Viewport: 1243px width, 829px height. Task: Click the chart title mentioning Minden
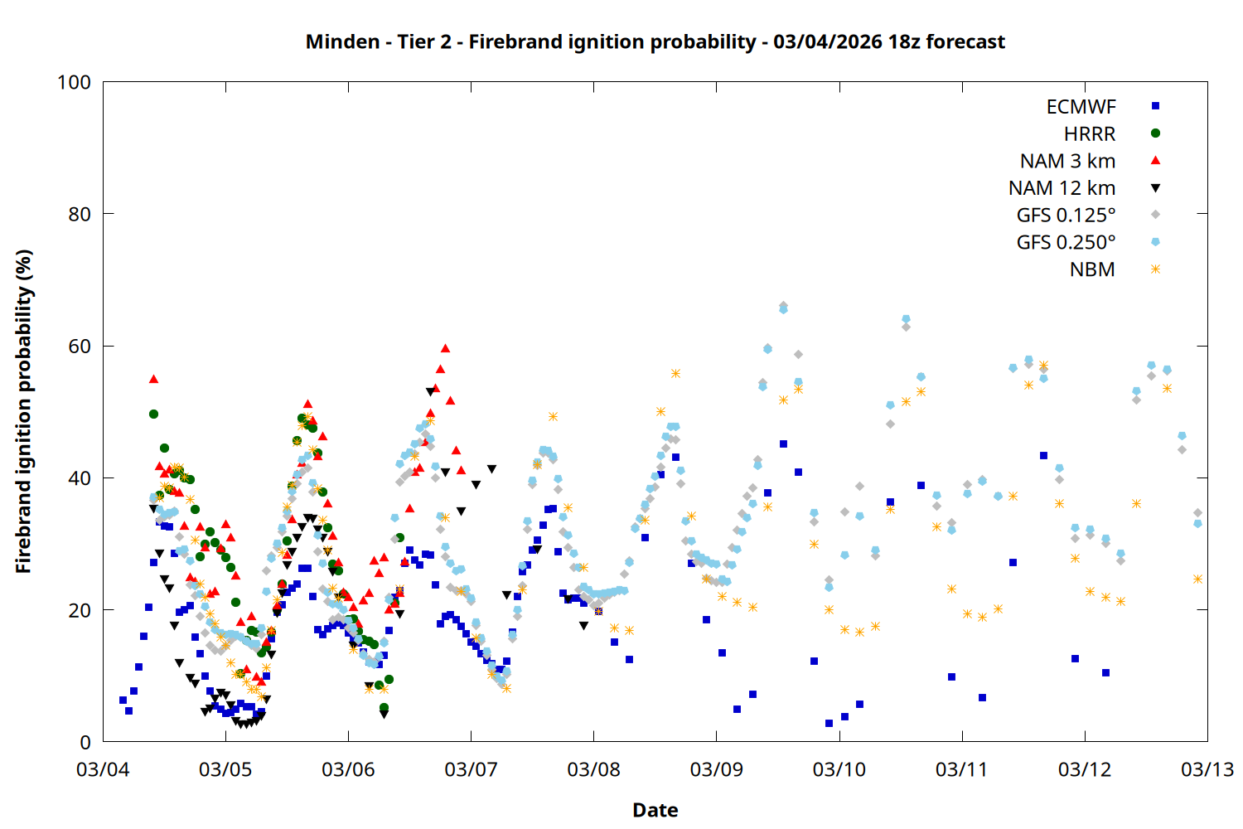click(655, 41)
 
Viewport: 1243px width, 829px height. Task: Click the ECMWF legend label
click(1081, 107)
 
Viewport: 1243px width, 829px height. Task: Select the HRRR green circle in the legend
click(1155, 133)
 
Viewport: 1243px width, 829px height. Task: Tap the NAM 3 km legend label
click(1067, 161)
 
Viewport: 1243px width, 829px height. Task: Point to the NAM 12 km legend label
click(1062, 188)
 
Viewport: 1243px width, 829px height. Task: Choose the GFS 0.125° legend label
click(1066, 216)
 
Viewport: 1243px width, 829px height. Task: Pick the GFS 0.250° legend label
click(1066, 243)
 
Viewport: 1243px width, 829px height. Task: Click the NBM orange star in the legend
click(1155, 269)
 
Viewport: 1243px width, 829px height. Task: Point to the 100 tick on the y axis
click(74, 82)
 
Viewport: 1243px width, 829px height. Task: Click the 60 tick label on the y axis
click(80, 347)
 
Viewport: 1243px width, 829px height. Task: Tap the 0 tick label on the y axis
click(85, 743)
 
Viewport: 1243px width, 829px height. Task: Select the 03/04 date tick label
click(103, 769)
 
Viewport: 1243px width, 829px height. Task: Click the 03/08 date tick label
click(593, 769)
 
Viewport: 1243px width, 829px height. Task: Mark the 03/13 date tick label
click(1207, 769)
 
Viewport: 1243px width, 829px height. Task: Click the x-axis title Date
click(655, 810)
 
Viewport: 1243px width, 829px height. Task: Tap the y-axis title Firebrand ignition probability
click(24, 412)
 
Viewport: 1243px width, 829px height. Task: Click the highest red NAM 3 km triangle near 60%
click(445, 348)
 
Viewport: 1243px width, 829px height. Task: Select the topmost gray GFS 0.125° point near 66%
click(783, 306)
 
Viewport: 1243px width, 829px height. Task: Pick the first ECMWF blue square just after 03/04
click(123, 701)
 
